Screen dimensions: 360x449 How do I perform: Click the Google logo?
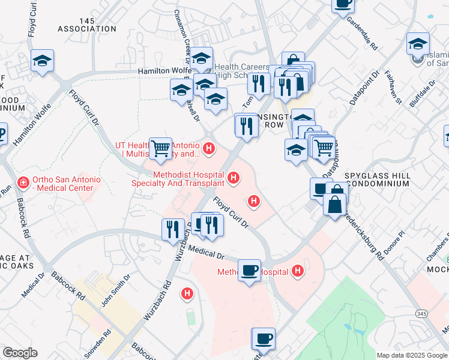[20, 353]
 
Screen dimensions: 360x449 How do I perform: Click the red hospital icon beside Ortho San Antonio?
[23, 182]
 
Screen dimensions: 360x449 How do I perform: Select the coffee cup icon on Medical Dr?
[249, 269]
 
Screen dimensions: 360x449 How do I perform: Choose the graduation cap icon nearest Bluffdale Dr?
[418, 43]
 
